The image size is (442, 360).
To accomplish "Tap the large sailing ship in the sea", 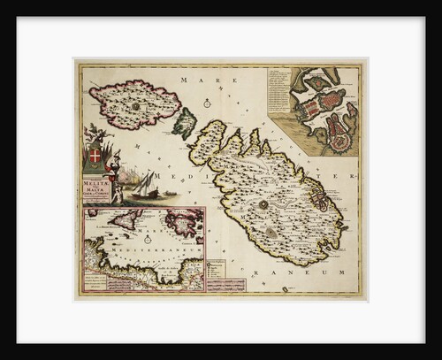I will pyautogui.click(x=144, y=186).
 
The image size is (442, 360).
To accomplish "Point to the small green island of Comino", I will pyautogui.click(x=183, y=123).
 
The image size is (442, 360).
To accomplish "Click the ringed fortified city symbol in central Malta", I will pyautogui.click(x=263, y=204).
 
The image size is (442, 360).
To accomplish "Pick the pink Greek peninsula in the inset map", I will pyautogui.click(x=185, y=224).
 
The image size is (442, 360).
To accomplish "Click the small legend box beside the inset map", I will pyautogui.click(x=215, y=267).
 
